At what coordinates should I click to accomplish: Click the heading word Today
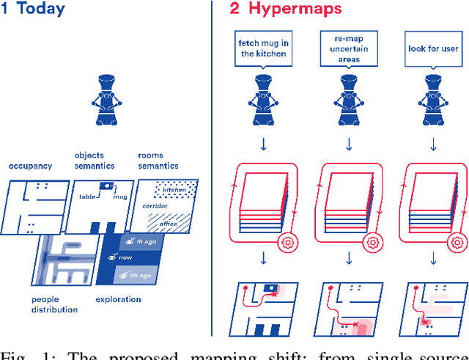pyautogui.click(x=41, y=10)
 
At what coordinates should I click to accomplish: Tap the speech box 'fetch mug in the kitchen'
pyautogui.click(x=263, y=48)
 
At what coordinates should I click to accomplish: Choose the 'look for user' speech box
pyautogui.click(x=432, y=49)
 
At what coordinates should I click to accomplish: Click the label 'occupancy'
pyautogui.click(x=30, y=166)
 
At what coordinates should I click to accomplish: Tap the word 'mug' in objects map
pyautogui.click(x=120, y=197)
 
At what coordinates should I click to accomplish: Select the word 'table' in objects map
pyautogui.click(x=89, y=197)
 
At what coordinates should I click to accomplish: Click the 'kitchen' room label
pyautogui.click(x=174, y=190)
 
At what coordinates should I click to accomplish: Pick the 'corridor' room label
pyautogui.click(x=155, y=206)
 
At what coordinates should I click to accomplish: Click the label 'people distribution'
pyautogui.click(x=54, y=304)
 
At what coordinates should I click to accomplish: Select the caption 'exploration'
pyautogui.click(x=119, y=299)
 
